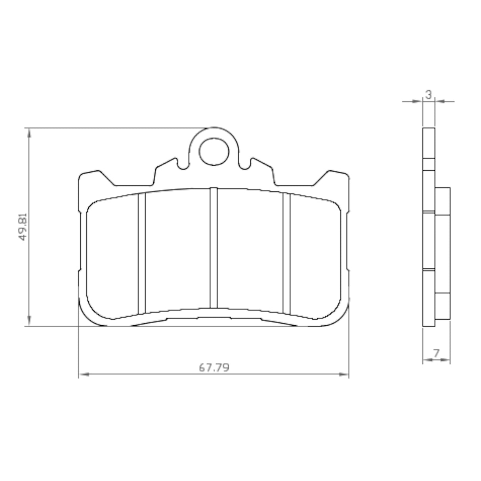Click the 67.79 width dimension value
pyautogui.click(x=214, y=367)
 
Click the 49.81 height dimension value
pyautogui.click(x=23, y=227)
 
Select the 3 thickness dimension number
pyautogui.click(x=428, y=95)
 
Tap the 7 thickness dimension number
pyautogui.click(x=436, y=352)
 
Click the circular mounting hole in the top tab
pyautogui.click(x=214, y=152)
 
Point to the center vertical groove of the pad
pyautogui.click(x=214, y=248)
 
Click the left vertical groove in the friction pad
pyautogui.click(x=142, y=252)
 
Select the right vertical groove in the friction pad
pyautogui.click(x=286, y=252)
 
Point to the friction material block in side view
pyautogui.click(x=442, y=254)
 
